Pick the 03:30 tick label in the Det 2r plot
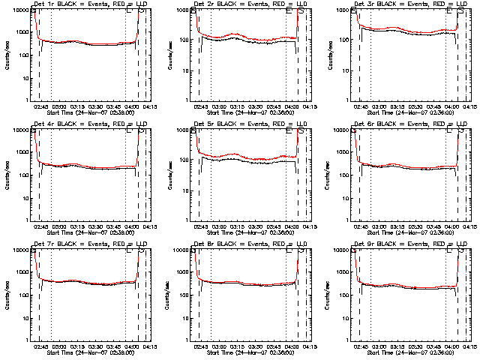(x=257, y=106)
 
